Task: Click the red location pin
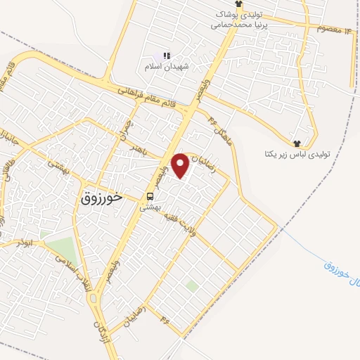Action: coord(181,165)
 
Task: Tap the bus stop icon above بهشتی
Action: coord(150,196)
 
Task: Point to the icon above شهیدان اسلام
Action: coord(167,56)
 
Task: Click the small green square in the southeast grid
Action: coord(191,286)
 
